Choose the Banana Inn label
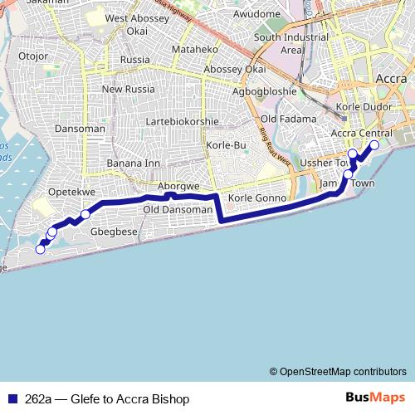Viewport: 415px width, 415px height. pos(133,163)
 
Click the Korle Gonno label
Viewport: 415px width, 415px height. pos(256,199)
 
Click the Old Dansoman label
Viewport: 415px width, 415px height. pos(178,210)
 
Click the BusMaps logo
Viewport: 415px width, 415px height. pos(374,398)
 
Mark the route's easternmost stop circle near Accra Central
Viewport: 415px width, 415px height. pos(373,145)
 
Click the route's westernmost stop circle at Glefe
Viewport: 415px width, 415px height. pos(40,249)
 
